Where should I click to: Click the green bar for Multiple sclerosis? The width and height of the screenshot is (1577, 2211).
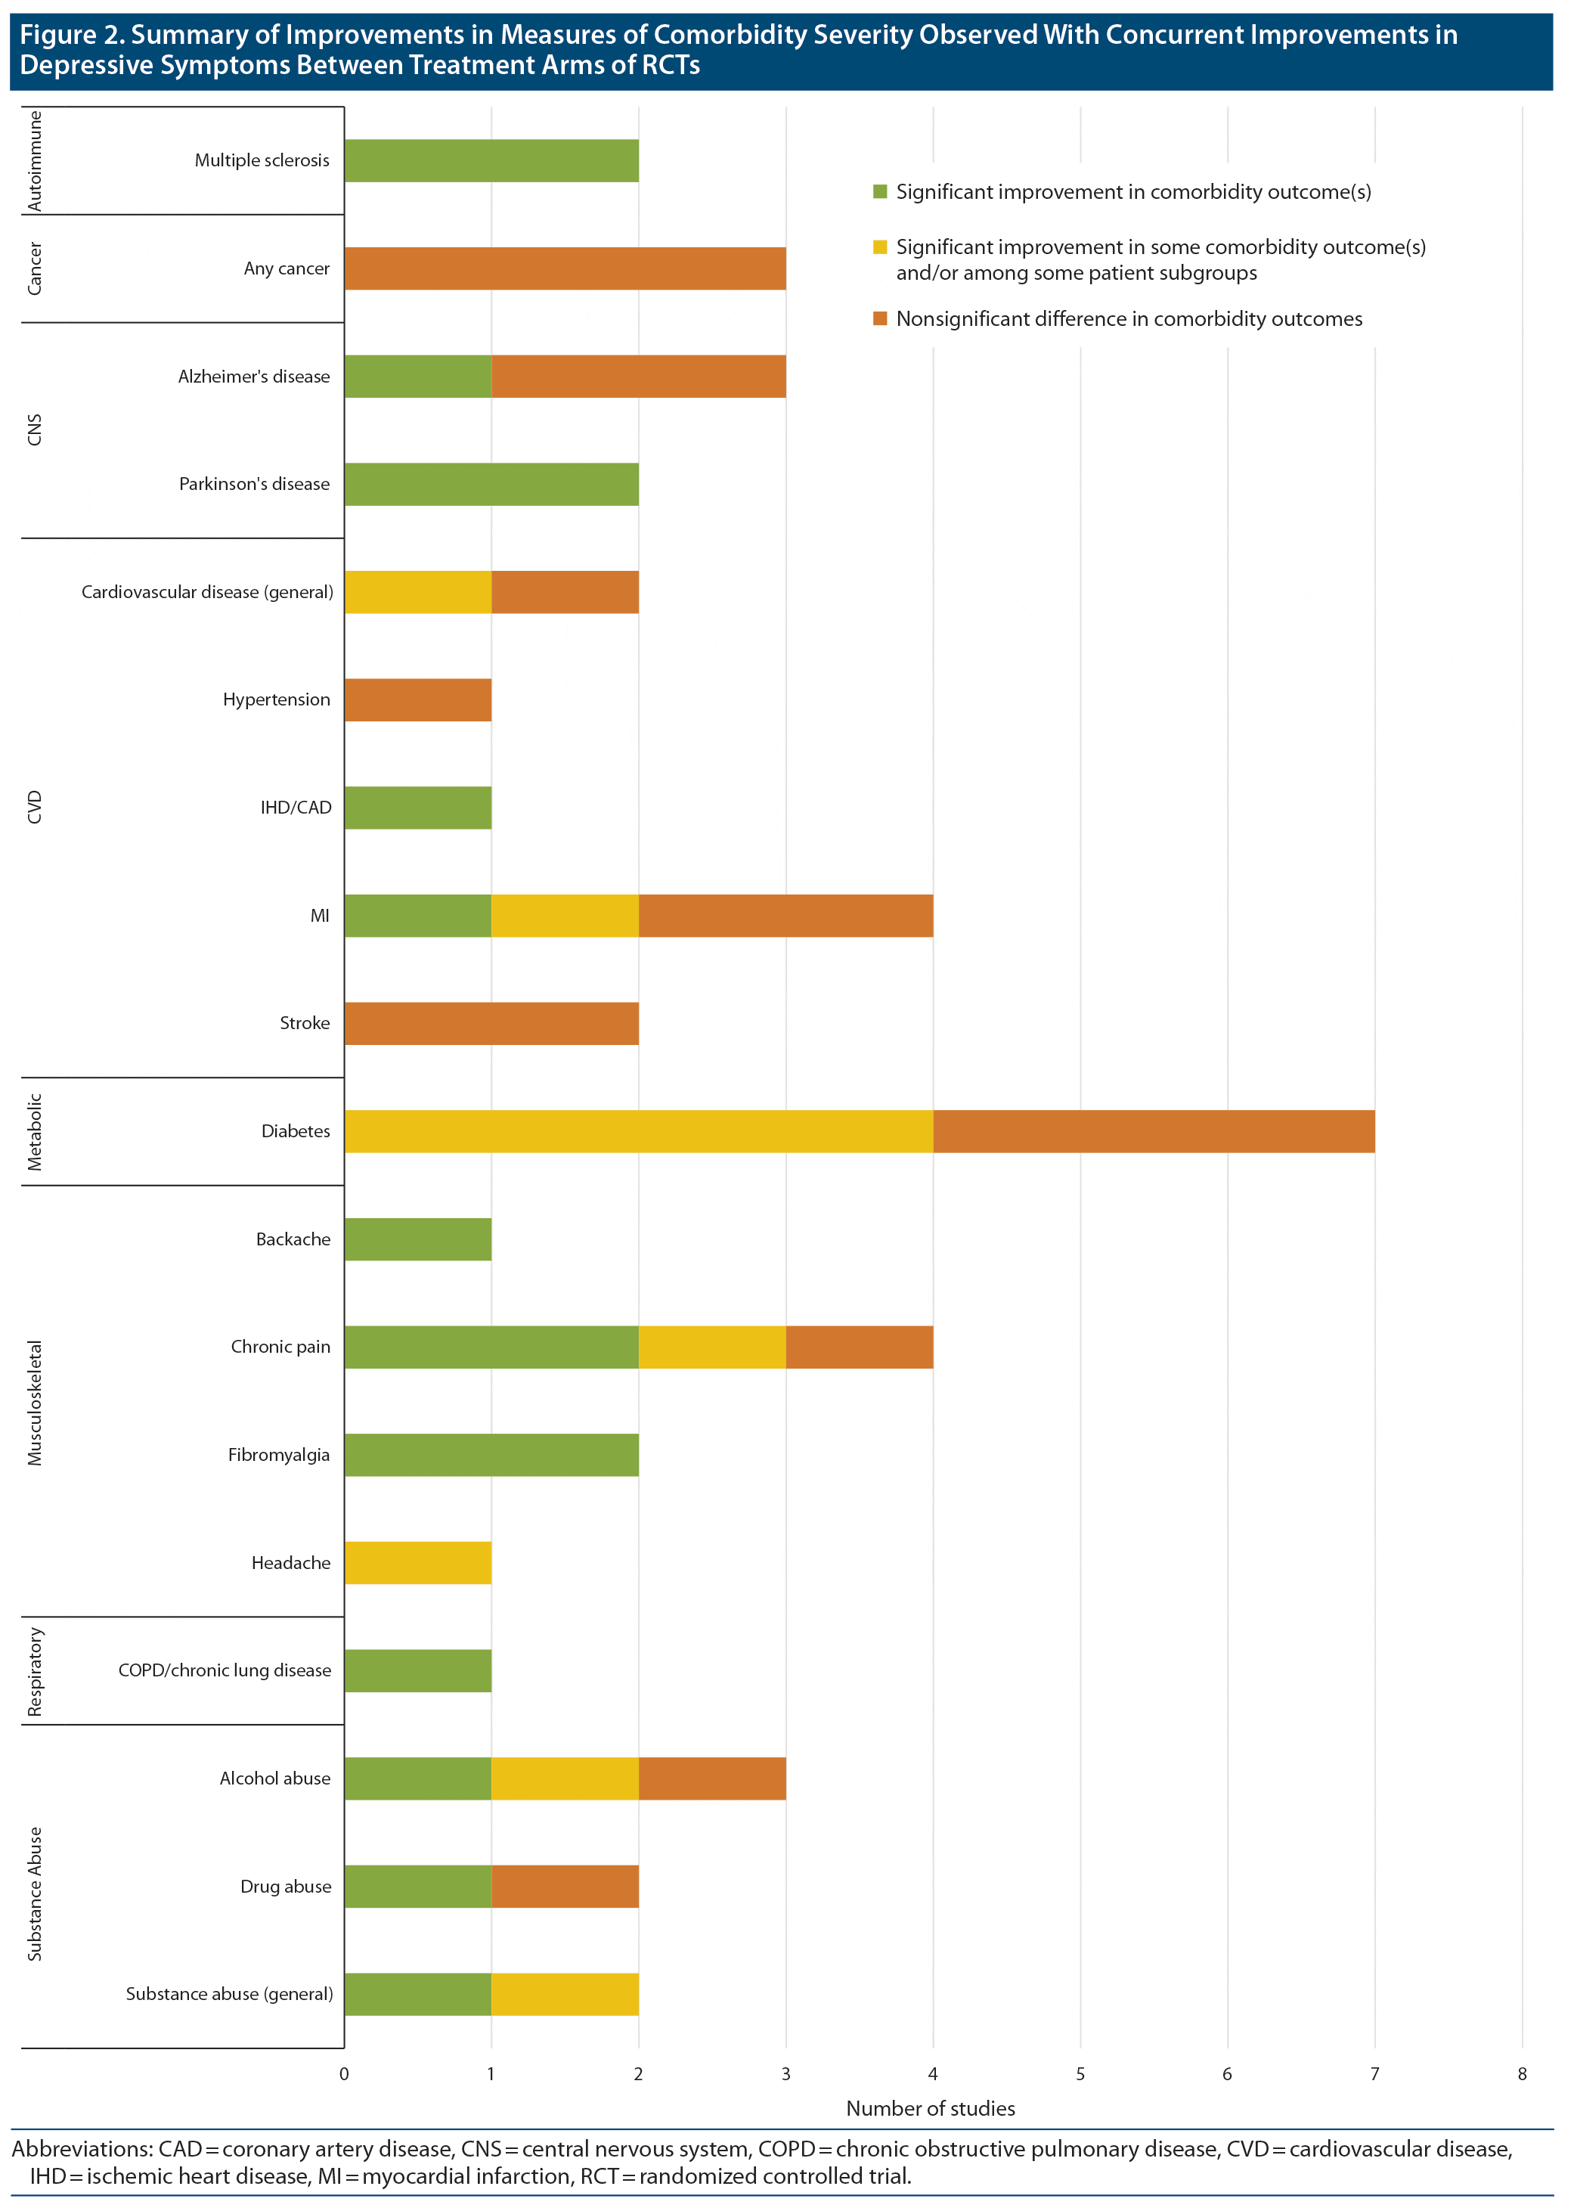point(491,160)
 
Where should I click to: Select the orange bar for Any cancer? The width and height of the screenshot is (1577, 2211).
point(565,268)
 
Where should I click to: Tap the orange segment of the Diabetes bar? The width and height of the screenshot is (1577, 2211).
point(1154,1131)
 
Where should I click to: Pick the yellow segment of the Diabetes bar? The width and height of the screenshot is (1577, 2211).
point(639,1131)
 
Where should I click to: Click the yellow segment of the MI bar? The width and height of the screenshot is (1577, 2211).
point(565,916)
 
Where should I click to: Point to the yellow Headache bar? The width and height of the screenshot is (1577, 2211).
point(417,1562)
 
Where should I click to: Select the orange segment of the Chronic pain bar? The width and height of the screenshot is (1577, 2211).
point(860,1347)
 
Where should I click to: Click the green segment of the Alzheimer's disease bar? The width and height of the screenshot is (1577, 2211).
point(417,376)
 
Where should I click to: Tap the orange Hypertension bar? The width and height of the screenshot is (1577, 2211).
point(417,700)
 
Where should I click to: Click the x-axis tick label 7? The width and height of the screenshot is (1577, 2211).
point(1374,2074)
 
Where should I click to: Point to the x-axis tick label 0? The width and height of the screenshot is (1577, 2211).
point(344,2074)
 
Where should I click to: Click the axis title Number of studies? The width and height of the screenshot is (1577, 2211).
point(931,2109)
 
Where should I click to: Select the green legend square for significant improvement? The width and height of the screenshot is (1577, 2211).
point(880,192)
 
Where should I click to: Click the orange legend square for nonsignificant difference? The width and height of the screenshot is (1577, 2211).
point(880,318)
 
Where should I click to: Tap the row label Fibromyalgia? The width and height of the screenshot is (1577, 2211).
point(279,1455)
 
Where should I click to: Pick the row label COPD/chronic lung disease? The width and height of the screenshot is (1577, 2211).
point(225,1670)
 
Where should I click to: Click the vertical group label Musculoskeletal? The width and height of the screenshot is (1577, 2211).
point(35,1402)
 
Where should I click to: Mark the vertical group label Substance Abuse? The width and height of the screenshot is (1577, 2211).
point(35,1893)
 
